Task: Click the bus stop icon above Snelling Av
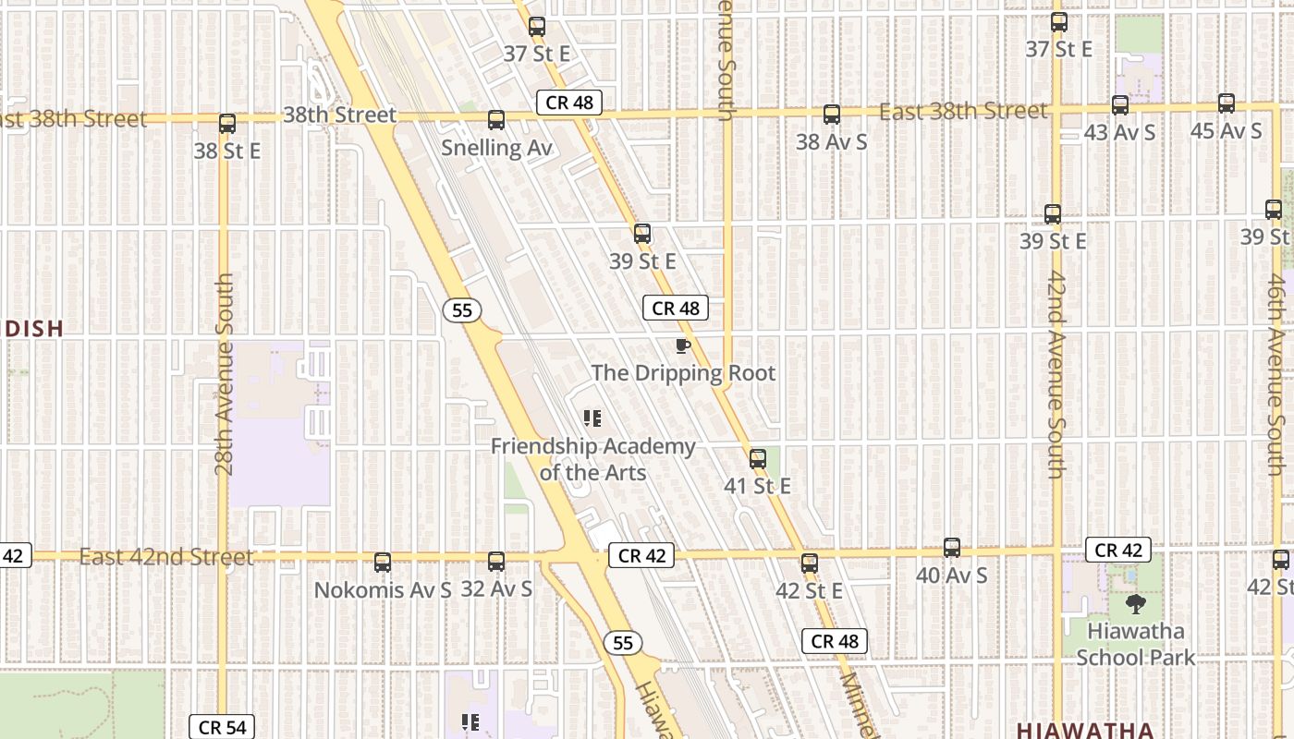click(496, 120)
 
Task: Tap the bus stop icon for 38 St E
click(227, 124)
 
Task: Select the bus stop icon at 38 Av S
click(832, 115)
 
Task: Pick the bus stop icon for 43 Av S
click(1120, 105)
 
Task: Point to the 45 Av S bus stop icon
click(1227, 103)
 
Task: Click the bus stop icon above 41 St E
click(758, 458)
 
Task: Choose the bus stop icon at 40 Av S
click(952, 548)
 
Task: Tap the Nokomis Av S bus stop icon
click(383, 562)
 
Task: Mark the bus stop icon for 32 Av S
click(496, 561)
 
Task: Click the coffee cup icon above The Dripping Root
click(682, 346)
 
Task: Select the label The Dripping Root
click(683, 373)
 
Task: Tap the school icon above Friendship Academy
click(592, 419)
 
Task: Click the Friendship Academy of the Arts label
click(592, 459)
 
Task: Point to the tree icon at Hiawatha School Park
click(1136, 605)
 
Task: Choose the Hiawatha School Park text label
click(1136, 645)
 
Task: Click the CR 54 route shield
click(221, 727)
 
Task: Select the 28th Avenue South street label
click(225, 374)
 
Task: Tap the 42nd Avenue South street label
click(1056, 374)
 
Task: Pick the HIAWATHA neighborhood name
click(1085, 731)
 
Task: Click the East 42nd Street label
click(166, 557)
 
